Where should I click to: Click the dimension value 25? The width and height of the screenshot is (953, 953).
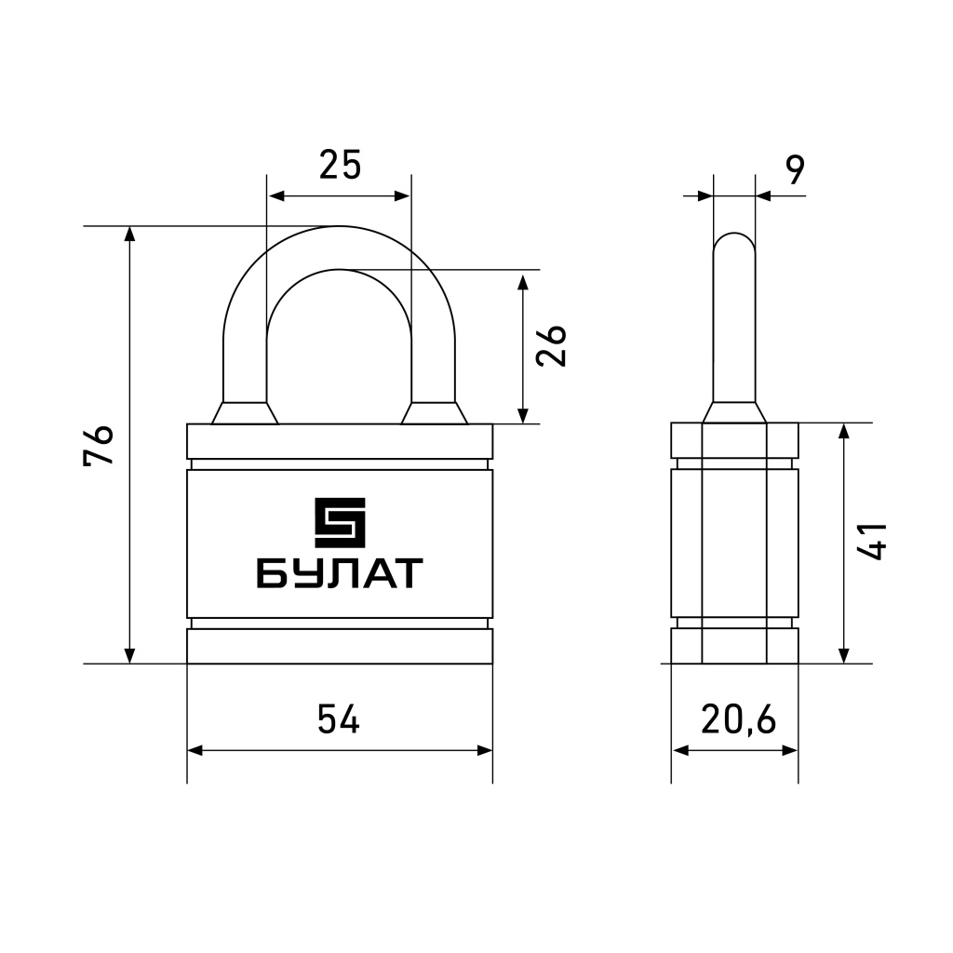(x=340, y=165)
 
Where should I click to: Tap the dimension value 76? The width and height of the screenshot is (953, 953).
(x=99, y=445)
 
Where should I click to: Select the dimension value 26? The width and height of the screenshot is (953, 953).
(x=551, y=346)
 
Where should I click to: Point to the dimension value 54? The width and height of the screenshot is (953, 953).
(x=339, y=719)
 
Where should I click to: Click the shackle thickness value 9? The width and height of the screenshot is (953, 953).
(x=795, y=169)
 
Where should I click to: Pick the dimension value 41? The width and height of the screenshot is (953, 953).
(x=872, y=542)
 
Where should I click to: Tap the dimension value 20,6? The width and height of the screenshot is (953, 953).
(x=738, y=720)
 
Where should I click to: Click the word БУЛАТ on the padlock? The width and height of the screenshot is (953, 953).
(x=340, y=572)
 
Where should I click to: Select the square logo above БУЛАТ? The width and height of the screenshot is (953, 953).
(x=340, y=523)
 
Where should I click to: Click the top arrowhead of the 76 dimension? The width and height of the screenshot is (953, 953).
(x=129, y=234)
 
